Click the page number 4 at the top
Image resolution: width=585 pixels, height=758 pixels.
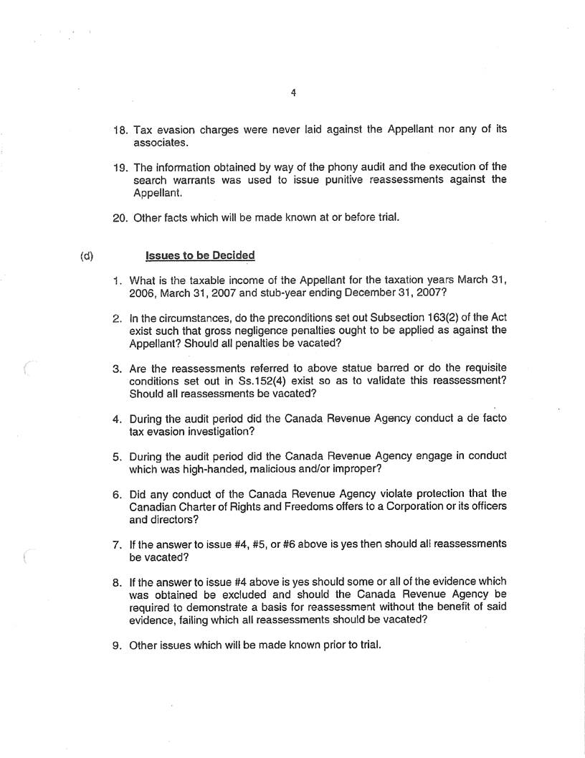(294, 93)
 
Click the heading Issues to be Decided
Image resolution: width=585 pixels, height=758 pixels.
(200, 255)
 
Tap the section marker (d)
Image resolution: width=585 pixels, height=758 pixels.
(87, 255)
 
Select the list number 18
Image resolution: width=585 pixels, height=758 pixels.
(119, 130)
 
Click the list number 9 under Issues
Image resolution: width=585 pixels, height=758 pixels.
(118, 645)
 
